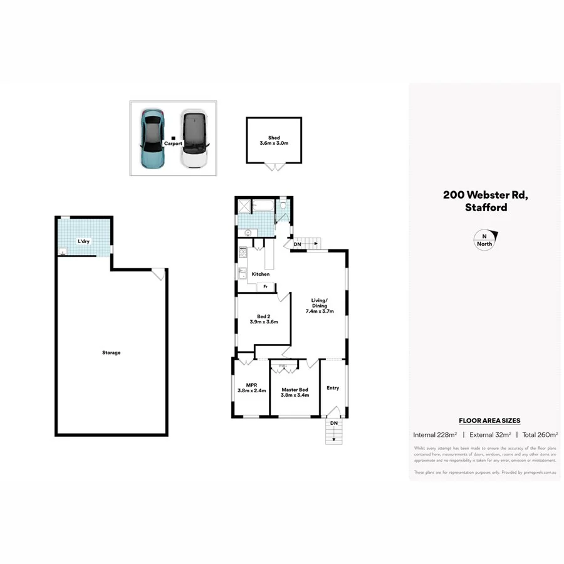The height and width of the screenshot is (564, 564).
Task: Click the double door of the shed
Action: click(274, 167)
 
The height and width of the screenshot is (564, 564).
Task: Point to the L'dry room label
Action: click(84, 241)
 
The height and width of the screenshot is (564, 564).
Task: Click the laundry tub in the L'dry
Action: click(62, 252)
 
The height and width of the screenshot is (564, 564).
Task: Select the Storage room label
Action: click(111, 353)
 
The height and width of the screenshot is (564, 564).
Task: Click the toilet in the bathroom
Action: click(283, 205)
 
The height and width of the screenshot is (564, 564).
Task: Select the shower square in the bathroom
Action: click(244, 206)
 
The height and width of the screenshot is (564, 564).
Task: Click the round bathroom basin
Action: click(248, 232)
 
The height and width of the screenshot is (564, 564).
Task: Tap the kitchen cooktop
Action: click(243, 254)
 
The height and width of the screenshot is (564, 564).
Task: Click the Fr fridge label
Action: click(266, 287)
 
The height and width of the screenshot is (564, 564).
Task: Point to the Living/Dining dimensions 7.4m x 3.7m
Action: click(320, 311)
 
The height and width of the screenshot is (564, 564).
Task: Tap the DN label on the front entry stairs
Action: click(334, 424)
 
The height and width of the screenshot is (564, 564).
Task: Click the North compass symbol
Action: click(484, 240)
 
